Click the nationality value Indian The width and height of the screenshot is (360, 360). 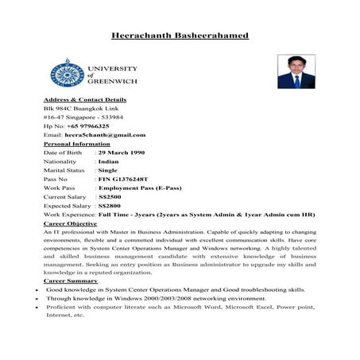110,161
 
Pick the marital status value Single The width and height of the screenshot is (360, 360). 108,169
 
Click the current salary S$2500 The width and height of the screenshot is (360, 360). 110,196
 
